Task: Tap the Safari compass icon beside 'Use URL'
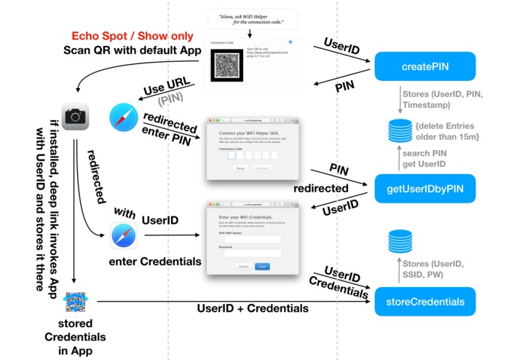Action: point(123,117)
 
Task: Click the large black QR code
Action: point(224,62)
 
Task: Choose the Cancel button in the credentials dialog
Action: point(244,266)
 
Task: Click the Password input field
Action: point(253,253)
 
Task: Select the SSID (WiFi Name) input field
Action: point(253,238)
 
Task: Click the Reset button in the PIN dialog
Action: point(240,168)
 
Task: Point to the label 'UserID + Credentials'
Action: point(253,308)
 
